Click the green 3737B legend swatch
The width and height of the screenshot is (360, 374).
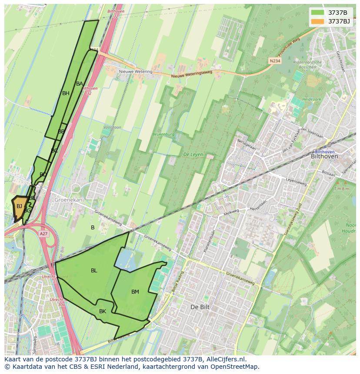click(x=318, y=13)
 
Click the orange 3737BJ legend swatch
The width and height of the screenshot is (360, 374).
click(x=318, y=21)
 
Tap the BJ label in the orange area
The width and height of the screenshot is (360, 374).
click(x=19, y=206)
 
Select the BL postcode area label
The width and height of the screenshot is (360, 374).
click(x=94, y=271)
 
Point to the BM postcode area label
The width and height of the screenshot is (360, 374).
click(x=135, y=292)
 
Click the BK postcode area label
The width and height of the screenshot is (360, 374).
click(x=103, y=311)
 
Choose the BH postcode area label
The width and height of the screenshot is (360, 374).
click(x=66, y=93)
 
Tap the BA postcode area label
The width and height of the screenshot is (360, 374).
click(x=80, y=84)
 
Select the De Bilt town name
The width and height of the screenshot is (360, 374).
click(x=200, y=307)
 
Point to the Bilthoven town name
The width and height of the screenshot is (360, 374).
click(x=324, y=156)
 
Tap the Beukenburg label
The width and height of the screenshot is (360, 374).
click(x=163, y=134)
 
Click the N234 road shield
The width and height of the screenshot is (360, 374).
click(x=274, y=61)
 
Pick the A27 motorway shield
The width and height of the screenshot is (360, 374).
click(x=43, y=234)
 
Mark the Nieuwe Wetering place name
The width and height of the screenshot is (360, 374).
click(x=136, y=72)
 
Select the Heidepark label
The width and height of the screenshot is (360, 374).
click(x=312, y=99)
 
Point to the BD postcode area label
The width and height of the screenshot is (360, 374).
click(x=43, y=175)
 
